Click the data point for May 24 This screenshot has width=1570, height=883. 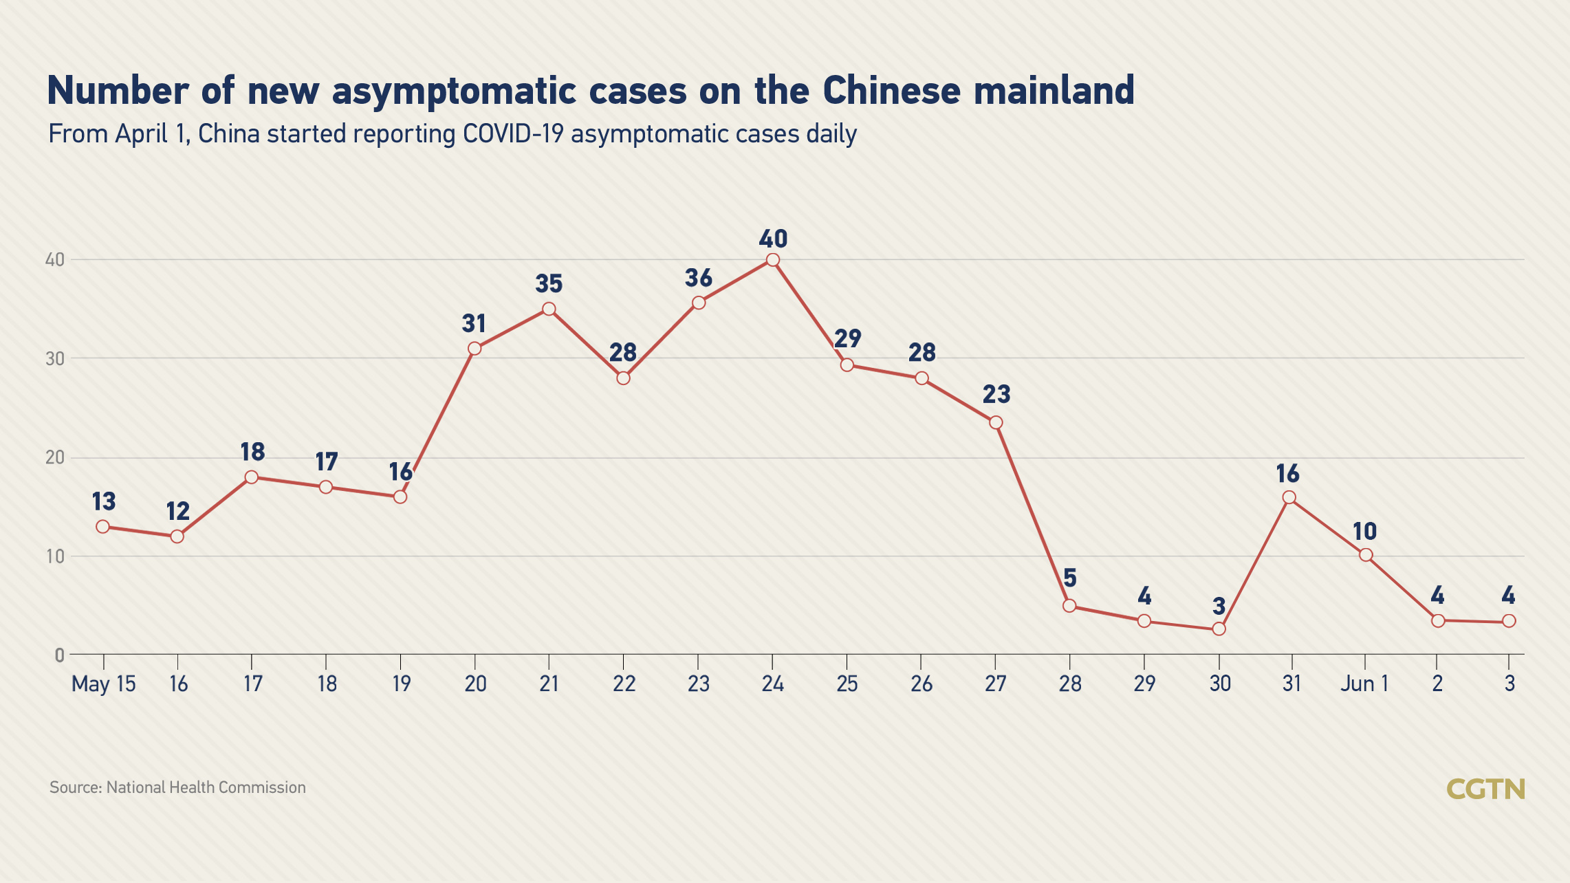772,260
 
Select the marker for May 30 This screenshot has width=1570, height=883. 1219,629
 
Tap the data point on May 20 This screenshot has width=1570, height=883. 475,349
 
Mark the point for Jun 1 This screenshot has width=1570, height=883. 1366,555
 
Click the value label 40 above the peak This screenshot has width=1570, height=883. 773,239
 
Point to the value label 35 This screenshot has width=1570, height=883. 549,283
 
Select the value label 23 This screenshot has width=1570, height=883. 996,394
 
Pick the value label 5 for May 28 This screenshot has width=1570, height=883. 1069,578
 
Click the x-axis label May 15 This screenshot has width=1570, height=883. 104,684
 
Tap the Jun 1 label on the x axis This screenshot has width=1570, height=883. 1364,684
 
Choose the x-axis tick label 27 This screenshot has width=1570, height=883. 995,684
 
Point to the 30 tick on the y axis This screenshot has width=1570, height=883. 55,358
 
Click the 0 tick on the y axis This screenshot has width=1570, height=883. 60,655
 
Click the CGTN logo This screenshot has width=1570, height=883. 1485,789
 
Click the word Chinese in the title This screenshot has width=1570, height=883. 891,91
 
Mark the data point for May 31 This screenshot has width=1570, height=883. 1289,498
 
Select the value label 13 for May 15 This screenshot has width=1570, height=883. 104,501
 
